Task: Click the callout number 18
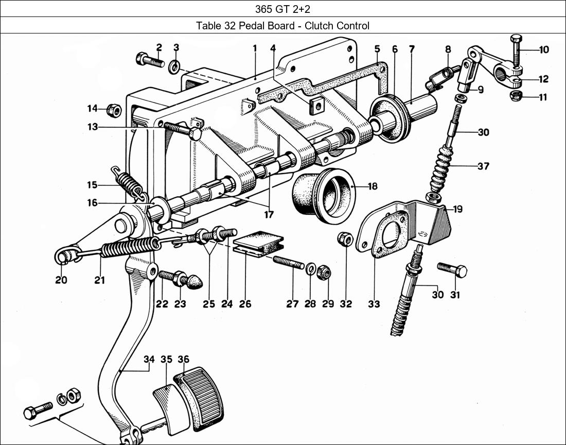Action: point(372,186)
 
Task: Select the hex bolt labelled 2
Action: point(149,60)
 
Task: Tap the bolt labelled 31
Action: point(452,269)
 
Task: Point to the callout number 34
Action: point(149,360)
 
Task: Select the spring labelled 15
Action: point(126,183)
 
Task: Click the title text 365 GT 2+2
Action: point(282,9)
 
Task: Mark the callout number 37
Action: point(483,166)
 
